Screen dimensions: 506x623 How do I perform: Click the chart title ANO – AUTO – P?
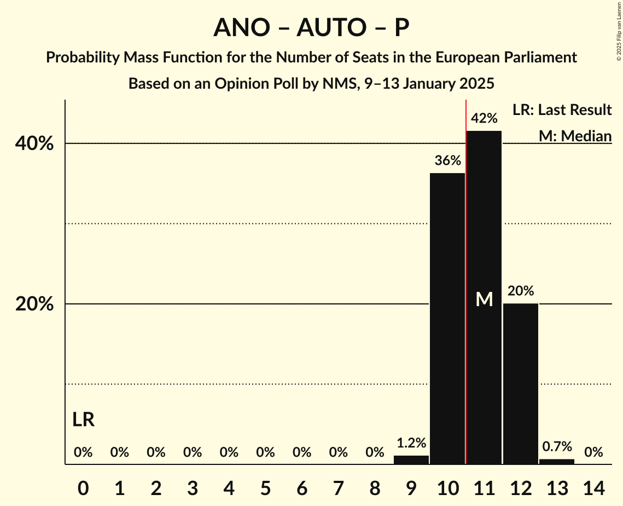(311, 27)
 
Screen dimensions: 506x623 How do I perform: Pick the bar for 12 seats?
(521, 383)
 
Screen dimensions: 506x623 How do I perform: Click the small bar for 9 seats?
(411, 460)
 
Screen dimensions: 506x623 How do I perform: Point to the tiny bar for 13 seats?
(557, 462)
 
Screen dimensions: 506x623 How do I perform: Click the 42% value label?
(484, 118)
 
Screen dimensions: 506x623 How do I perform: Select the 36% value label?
(447, 161)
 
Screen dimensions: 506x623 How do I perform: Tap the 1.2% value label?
(411, 443)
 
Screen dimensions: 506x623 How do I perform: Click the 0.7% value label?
(557, 447)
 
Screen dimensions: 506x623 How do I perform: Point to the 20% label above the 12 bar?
(521, 291)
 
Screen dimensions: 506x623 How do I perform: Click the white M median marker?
(484, 299)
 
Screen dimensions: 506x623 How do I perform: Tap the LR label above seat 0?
(83, 420)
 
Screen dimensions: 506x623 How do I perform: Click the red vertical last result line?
(465, 274)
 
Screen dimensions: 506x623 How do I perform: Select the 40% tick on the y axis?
(34, 144)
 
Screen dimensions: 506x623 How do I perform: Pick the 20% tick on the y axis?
(34, 304)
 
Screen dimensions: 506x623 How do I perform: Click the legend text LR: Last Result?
(562, 110)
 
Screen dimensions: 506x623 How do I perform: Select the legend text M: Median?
(575, 135)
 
